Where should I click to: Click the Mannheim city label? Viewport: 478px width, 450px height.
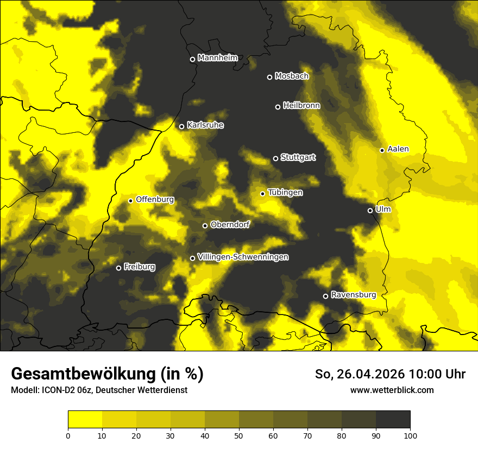tap(218, 58)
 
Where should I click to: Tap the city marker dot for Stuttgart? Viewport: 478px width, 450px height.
tap(275, 158)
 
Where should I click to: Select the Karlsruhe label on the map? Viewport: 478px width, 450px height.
tap(205, 125)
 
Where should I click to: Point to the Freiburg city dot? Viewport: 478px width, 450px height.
tap(118, 268)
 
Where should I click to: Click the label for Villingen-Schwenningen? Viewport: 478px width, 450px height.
tap(243, 257)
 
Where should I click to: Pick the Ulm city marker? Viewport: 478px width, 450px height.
tap(370, 210)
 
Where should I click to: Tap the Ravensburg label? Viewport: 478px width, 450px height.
tap(354, 295)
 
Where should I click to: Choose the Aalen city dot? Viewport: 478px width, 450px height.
tap(382, 150)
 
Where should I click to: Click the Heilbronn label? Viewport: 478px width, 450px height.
tap(301, 106)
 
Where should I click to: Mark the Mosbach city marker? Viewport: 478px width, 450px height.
tap(269, 77)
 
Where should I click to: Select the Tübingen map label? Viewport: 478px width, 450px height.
tap(285, 192)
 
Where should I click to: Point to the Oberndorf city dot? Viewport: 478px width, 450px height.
tap(205, 226)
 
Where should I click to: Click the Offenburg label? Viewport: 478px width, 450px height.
tap(155, 200)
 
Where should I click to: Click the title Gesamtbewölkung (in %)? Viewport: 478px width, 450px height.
tap(107, 374)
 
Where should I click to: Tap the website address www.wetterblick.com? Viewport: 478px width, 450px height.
tap(392, 390)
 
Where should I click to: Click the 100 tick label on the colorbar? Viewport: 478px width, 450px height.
tap(410, 435)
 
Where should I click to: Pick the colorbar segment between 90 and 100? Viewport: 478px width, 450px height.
tap(393, 419)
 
